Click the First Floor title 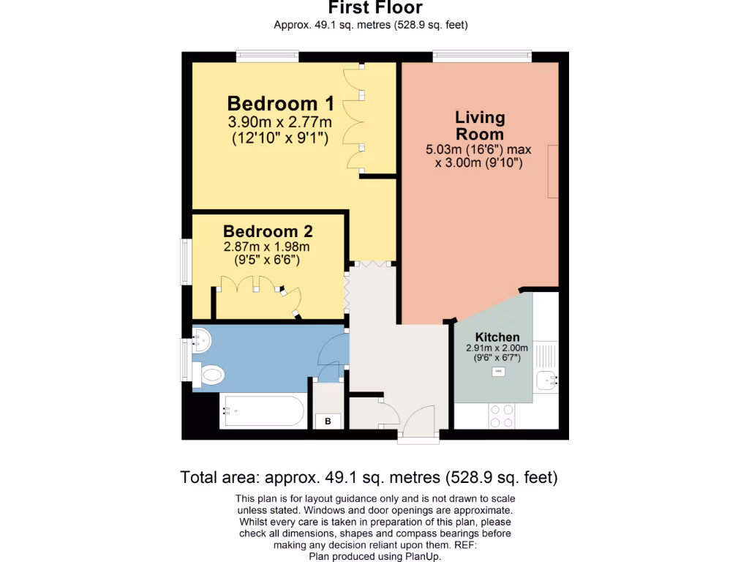pyautogui.click(x=374, y=9)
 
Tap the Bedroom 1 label pyautogui.click(x=280, y=102)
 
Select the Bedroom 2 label pyautogui.click(x=268, y=231)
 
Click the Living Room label pyautogui.click(x=480, y=126)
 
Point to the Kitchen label pyautogui.click(x=497, y=337)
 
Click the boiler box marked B pyautogui.click(x=328, y=421)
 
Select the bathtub pyautogui.click(x=262, y=412)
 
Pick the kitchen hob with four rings pyautogui.click(x=502, y=416)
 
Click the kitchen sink pyautogui.click(x=546, y=381)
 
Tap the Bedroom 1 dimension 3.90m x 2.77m pyautogui.click(x=280, y=121)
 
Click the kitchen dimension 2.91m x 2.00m pyautogui.click(x=497, y=348)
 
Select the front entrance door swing pyautogui.click(x=421, y=421)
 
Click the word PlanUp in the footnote pyautogui.click(x=423, y=556)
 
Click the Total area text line pyautogui.click(x=369, y=478)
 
